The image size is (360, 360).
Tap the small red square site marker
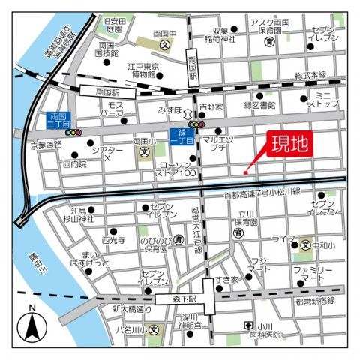245,173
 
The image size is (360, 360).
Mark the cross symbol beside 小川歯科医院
248,325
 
